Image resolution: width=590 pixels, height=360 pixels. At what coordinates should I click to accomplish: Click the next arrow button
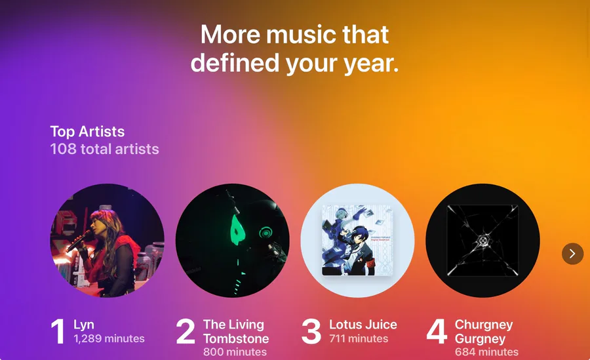pyautogui.click(x=572, y=253)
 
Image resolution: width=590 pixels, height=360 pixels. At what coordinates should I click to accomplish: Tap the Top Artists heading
pyautogui.click(x=87, y=132)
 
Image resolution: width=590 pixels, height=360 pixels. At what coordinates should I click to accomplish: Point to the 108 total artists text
pyautogui.click(x=105, y=149)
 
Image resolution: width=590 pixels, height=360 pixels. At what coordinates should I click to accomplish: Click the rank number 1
pyautogui.click(x=58, y=331)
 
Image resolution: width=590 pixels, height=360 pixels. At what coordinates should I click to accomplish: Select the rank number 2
pyautogui.click(x=186, y=331)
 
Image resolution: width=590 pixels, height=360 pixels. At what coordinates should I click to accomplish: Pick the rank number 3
pyautogui.click(x=311, y=331)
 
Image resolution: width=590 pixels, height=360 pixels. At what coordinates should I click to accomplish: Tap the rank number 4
pyautogui.click(x=437, y=331)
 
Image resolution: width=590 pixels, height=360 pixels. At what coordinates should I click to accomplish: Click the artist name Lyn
pyautogui.click(x=84, y=325)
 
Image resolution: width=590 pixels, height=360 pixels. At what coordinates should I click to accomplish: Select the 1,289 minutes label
pyautogui.click(x=109, y=338)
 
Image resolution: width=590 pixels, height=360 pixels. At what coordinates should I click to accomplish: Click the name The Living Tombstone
pyautogui.click(x=236, y=331)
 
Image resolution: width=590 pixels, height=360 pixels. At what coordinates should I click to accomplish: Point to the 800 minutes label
pyautogui.click(x=235, y=351)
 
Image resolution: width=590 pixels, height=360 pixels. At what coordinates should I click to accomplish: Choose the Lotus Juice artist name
pyautogui.click(x=363, y=325)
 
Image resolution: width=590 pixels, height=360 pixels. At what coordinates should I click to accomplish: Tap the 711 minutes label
pyautogui.click(x=359, y=338)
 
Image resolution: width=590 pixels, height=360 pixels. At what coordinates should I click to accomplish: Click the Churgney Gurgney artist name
pyautogui.click(x=484, y=332)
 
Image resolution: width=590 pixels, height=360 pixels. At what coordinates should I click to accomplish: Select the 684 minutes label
pyautogui.click(x=486, y=351)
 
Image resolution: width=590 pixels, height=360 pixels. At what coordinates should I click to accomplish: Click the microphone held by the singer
pyautogui.click(x=79, y=241)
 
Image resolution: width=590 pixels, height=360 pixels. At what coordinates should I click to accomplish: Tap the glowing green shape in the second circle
pyautogui.click(x=236, y=230)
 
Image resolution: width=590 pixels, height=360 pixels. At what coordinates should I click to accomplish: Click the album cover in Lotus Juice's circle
pyautogui.click(x=357, y=240)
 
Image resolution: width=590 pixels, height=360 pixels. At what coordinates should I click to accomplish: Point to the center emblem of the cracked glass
pyautogui.click(x=482, y=240)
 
